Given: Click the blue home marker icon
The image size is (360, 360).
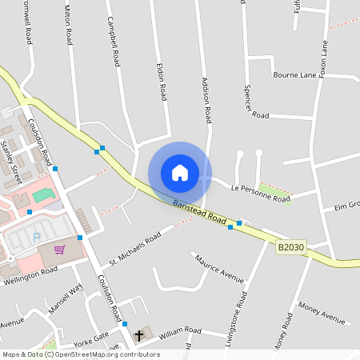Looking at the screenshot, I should click(x=180, y=173).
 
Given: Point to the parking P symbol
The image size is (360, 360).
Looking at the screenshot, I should click(x=36, y=237).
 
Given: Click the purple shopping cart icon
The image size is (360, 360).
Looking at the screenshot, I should click(x=59, y=249).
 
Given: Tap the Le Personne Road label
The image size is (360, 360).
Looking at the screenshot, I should click(x=259, y=193).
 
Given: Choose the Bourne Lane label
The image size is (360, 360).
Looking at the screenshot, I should click(x=295, y=75).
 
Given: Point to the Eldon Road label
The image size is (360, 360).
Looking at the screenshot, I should click(x=162, y=82).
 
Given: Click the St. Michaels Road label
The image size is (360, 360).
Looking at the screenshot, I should click(x=135, y=248).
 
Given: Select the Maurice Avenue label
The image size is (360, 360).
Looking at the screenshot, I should click(x=219, y=268).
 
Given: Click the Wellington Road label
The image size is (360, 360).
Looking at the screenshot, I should click(x=30, y=276).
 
